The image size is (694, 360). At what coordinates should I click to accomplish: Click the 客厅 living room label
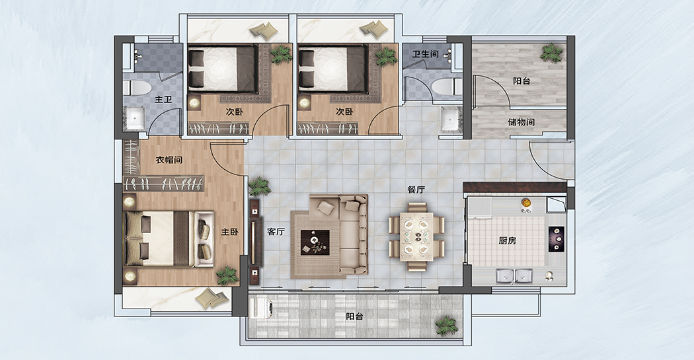(x=276, y=231)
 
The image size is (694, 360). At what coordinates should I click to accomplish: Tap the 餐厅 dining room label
(x=416, y=190)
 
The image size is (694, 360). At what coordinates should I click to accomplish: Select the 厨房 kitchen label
(x=507, y=240)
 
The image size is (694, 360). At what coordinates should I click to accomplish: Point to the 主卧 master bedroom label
(x=230, y=232)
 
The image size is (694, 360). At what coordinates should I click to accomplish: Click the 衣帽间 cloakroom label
(x=169, y=160)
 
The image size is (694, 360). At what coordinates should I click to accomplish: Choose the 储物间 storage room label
(x=521, y=122)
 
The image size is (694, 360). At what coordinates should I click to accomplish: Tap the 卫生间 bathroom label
(x=426, y=54)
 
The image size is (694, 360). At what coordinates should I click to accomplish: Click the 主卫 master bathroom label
(x=163, y=100)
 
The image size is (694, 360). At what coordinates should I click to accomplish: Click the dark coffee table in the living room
(x=315, y=242)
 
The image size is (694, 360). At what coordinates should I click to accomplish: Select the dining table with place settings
(x=417, y=236)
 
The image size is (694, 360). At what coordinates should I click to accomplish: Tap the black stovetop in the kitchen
(x=557, y=239)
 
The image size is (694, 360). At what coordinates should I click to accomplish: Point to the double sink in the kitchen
(x=514, y=275)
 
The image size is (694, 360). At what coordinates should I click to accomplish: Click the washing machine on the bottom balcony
(x=262, y=307)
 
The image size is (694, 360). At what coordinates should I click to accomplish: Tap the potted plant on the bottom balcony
(x=446, y=326)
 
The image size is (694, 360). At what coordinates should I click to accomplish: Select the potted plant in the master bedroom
(x=227, y=275)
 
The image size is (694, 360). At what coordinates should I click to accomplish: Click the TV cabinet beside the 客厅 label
(x=254, y=242)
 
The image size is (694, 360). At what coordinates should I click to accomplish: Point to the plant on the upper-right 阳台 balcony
(x=551, y=53)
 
